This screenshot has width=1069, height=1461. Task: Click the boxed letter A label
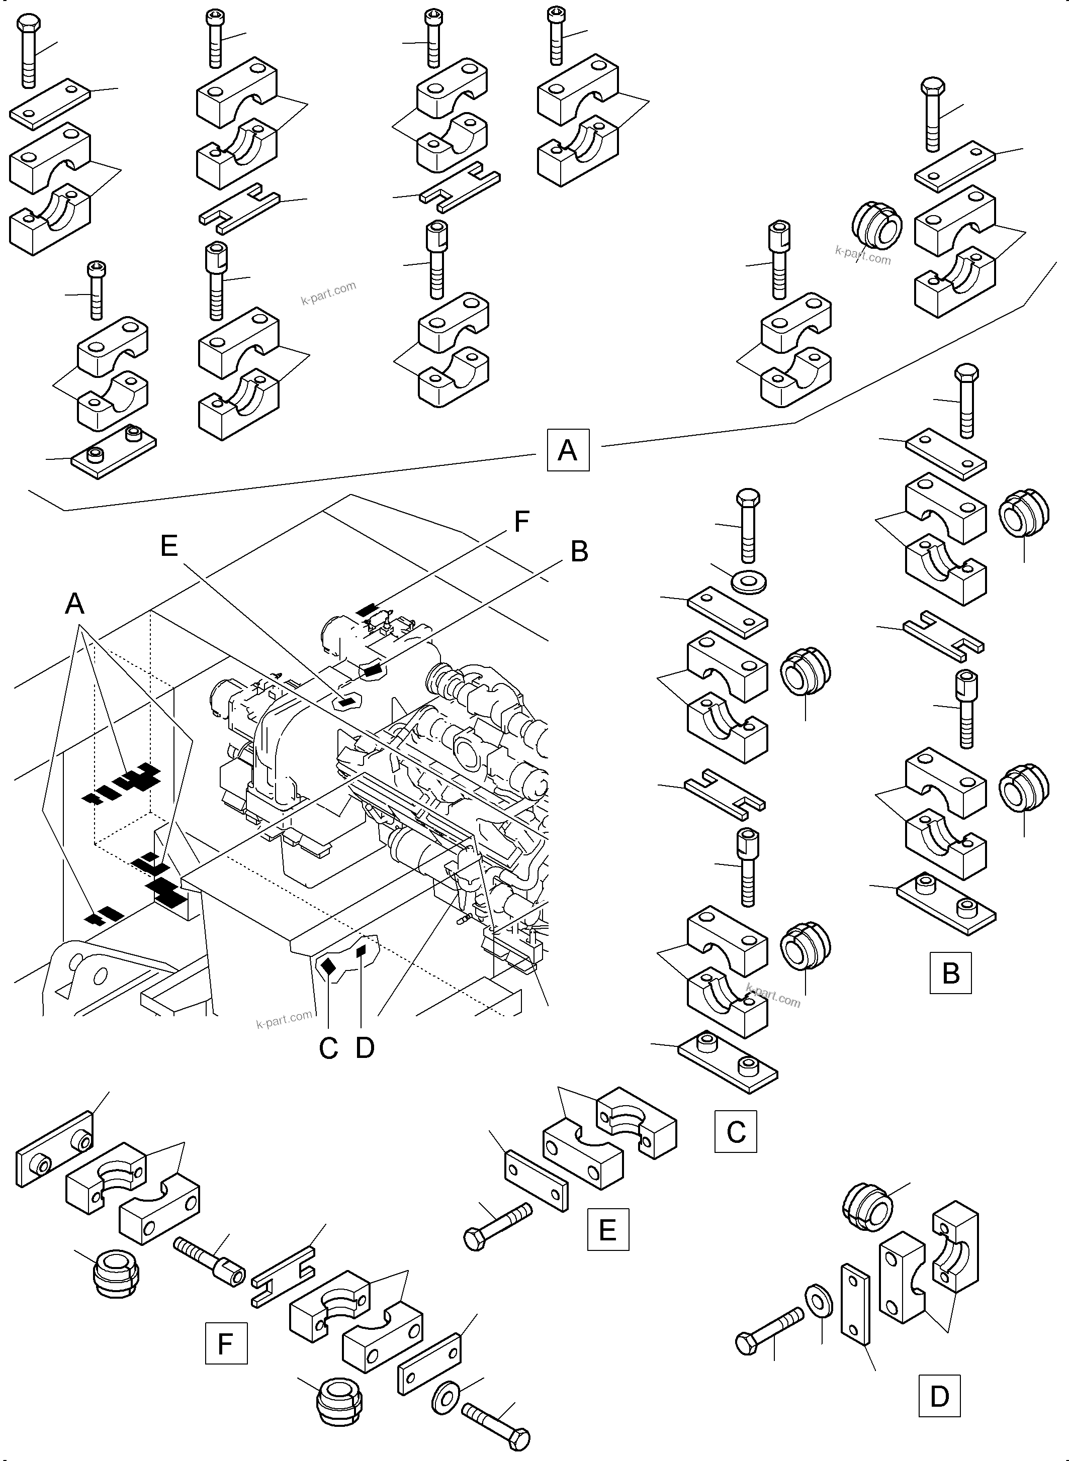568,449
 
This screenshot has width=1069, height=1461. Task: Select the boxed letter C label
735,1132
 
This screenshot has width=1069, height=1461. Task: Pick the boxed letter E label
607,1229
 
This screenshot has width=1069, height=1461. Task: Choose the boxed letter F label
226,1344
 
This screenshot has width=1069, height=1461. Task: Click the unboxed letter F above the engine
521,521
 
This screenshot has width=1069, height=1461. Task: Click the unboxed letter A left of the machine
75,604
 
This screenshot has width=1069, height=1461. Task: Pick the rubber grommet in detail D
868,1208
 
